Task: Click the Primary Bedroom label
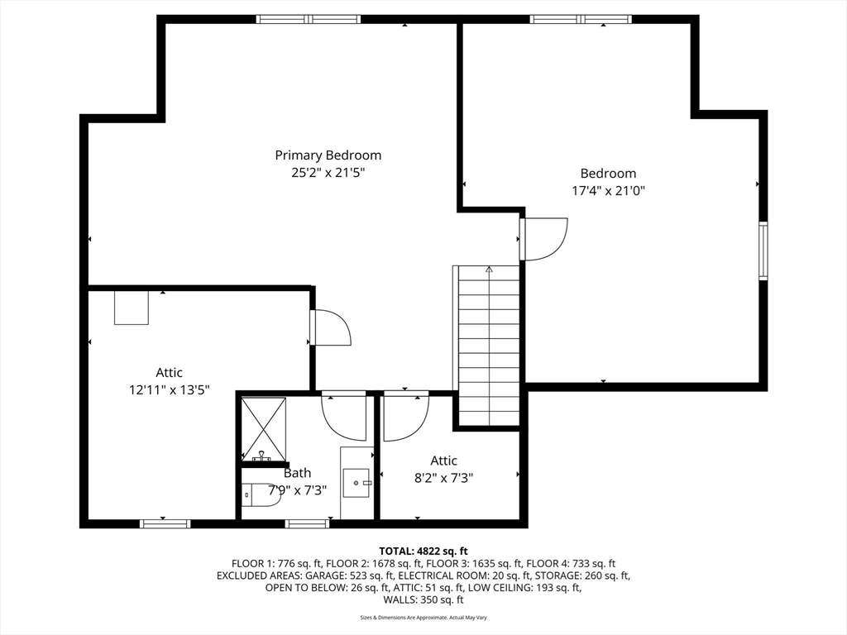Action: [328, 155]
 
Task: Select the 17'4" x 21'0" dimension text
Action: [608, 191]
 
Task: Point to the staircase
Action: [486, 346]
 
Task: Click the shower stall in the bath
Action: [263, 429]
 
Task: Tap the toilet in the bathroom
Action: [261, 494]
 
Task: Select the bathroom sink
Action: [357, 483]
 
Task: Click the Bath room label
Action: [297, 473]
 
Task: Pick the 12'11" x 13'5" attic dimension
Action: [169, 389]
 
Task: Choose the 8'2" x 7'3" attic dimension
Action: [443, 478]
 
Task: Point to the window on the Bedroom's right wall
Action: [763, 251]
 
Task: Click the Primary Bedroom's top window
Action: [309, 20]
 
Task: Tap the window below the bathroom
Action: [307, 523]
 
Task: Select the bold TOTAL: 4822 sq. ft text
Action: [423, 551]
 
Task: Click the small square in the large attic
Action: [132, 308]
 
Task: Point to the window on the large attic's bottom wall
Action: [165, 523]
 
